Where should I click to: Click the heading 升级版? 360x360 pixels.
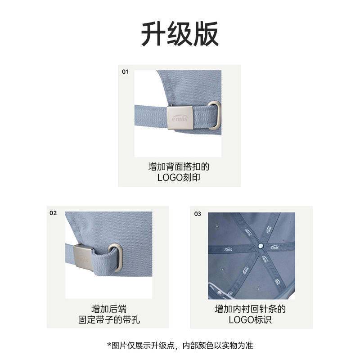click(180, 34)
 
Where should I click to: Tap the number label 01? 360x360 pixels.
click(125, 72)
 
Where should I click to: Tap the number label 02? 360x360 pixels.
click(53, 213)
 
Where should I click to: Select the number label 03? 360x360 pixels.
click(198, 214)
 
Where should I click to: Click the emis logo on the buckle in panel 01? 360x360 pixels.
click(180, 118)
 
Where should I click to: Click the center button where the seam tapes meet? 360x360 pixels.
click(261, 246)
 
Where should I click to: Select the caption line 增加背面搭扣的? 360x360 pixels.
click(179, 166)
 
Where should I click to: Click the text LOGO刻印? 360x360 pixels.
click(179, 177)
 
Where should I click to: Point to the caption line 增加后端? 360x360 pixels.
click(109, 309)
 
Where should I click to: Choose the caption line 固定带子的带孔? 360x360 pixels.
click(109, 319)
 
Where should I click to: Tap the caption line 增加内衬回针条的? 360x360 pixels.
click(250, 309)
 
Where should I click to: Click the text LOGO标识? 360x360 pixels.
click(250, 319)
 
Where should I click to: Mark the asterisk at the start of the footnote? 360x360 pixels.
click(109, 344)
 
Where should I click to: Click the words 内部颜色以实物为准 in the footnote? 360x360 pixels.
click(218, 345)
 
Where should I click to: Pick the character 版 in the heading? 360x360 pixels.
click(206, 34)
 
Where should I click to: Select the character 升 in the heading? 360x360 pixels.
click(153, 34)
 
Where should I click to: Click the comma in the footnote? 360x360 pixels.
click(176, 348)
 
